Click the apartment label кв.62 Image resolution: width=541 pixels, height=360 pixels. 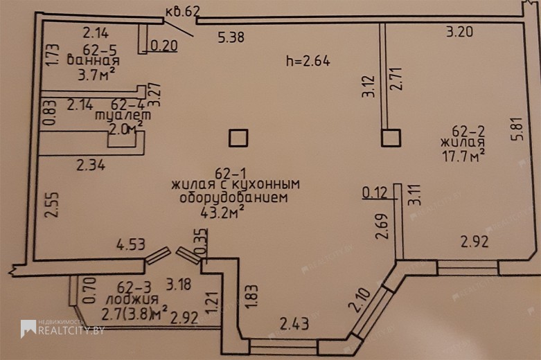(x=182, y=11)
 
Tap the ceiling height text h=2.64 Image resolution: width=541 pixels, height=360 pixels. (x=308, y=61)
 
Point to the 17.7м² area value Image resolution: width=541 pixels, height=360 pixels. (x=463, y=156)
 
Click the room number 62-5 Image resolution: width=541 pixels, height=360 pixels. (x=100, y=50)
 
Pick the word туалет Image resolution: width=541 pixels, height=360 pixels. (x=123, y=116)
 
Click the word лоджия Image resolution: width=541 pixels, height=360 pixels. (x=132, y=299)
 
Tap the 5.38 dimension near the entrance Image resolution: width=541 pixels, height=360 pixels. (x=231, y=37)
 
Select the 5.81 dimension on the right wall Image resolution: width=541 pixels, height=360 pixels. (x=518, y=129)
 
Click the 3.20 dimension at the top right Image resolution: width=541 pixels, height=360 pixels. (x=459, y=32)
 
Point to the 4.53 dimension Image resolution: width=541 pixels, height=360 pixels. (x=131, y=244)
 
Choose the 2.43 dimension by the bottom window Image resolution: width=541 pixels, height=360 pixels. (x=294, y=324)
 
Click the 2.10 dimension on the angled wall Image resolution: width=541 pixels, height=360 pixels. (x=360, y=300)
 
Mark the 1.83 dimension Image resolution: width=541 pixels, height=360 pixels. (x=252, y=296)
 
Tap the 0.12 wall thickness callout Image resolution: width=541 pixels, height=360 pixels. (x=375, y=192)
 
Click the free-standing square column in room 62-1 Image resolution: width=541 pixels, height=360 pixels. (x=238, y=138)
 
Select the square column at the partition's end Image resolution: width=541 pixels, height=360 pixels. (x=391, y=138)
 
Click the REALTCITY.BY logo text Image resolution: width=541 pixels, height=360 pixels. (x=71, y=330)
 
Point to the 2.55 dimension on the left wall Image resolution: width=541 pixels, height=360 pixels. (x=52, y=204)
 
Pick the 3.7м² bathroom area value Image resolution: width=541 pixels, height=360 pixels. (x=96, y=75)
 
